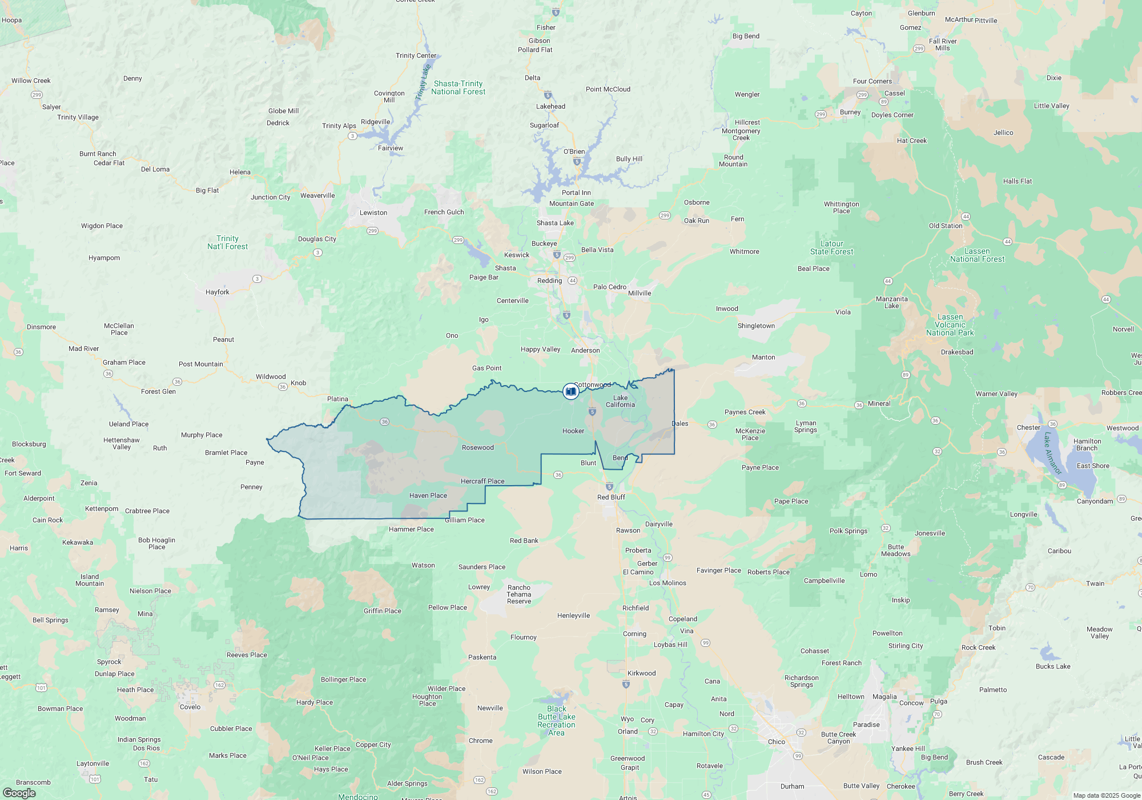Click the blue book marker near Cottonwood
(x=570, y=391)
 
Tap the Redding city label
(x=549, y=281)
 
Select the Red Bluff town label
(x=611, y=497)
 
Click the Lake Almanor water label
(x=1052, y=453)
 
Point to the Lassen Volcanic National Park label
(x=950, y=325)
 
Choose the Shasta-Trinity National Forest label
(x=458, y=87)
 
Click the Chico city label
(x=776, y=742)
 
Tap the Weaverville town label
(x=317, y=195)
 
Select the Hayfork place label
(x=217, y=292)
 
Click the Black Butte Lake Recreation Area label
(x=556, y=721)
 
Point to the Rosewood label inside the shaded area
(x=477, y=447)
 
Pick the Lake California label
(x=620, y=401)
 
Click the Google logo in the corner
(x=19, y=793)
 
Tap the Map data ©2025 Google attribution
(x=1106, y=795)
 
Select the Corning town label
(x=634, y=634)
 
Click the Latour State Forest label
(x=831, y=247)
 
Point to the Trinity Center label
(x=416, y=55)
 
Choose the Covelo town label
(x=190, y=707)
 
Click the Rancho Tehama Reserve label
(x=518, y=594)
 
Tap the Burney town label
(x=850, y=112)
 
